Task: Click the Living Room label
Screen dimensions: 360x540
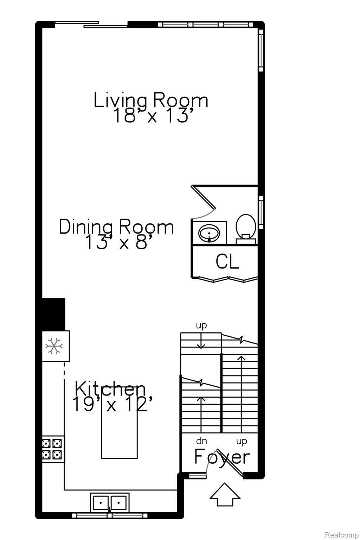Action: click(x=151, y=101)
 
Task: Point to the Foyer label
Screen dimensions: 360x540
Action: click(x=222, y=457)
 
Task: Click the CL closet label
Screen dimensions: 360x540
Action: click(x=227, y=262)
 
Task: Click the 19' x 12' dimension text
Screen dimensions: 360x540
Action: click(x=112, y=404)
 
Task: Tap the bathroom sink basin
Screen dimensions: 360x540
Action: click(x=209, y=233)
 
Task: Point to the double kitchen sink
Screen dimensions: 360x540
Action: click(x=110, y=503)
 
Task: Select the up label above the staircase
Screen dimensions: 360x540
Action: click(x=201, y=326)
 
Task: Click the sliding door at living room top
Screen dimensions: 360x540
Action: click(x=91, y=24)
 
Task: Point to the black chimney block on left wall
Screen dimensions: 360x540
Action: click(x=53, y=314)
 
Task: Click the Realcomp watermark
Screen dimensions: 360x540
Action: click(x=342, y=535)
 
